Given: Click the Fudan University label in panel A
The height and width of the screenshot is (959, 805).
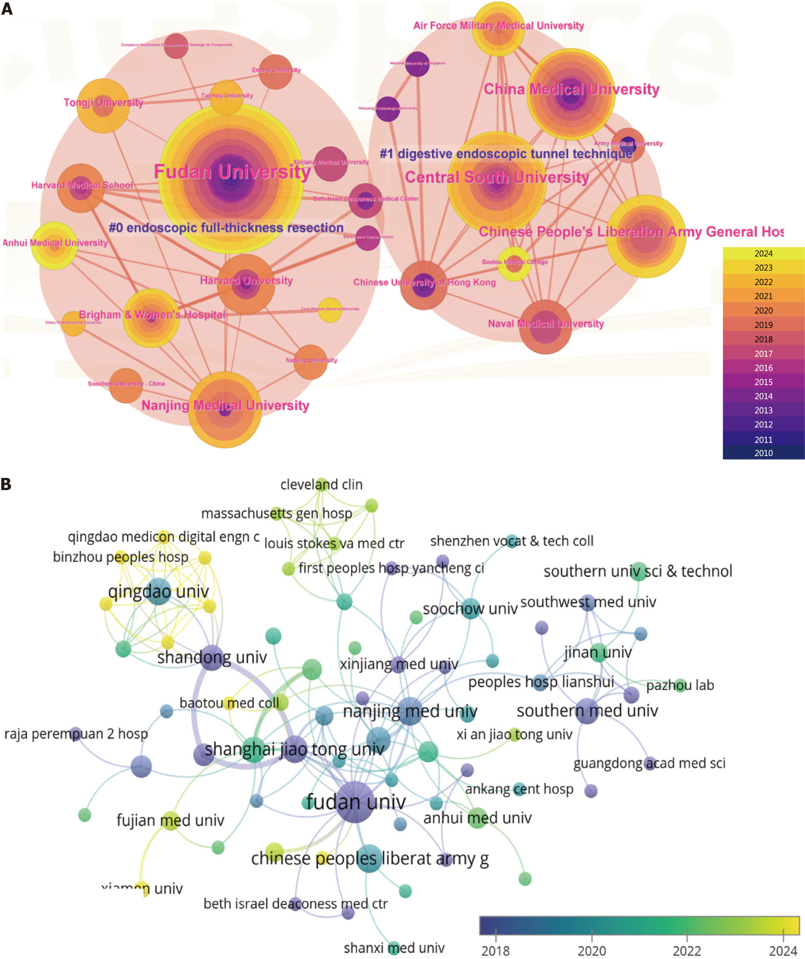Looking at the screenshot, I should (232, 172).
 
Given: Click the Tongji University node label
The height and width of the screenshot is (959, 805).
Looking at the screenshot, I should (103, 102).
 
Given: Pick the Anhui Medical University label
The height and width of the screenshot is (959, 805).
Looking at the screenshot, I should (55, 242).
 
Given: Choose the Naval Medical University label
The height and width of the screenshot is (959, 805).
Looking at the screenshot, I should (546, 324).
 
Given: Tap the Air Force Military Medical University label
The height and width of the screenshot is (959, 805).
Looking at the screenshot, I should (499, 26).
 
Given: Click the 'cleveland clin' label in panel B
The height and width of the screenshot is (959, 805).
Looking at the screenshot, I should (321, 485).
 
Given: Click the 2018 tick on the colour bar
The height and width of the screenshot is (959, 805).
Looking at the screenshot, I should (495, 950).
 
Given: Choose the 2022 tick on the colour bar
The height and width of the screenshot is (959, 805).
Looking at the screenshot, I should (687, 950).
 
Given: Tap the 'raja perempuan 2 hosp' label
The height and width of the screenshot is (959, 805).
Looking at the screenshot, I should (76, 734).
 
